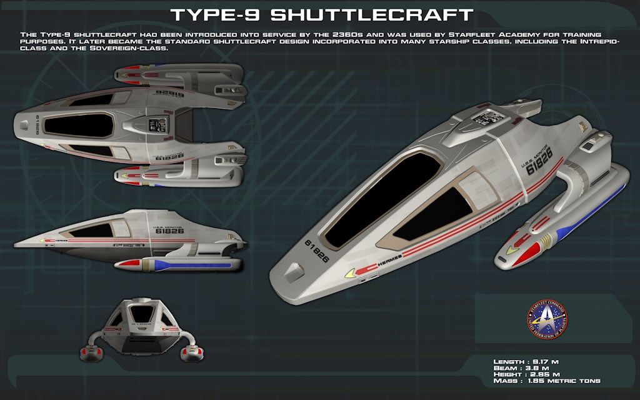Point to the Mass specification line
(547, 381)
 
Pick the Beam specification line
(522, 368)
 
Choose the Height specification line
(526, 374)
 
